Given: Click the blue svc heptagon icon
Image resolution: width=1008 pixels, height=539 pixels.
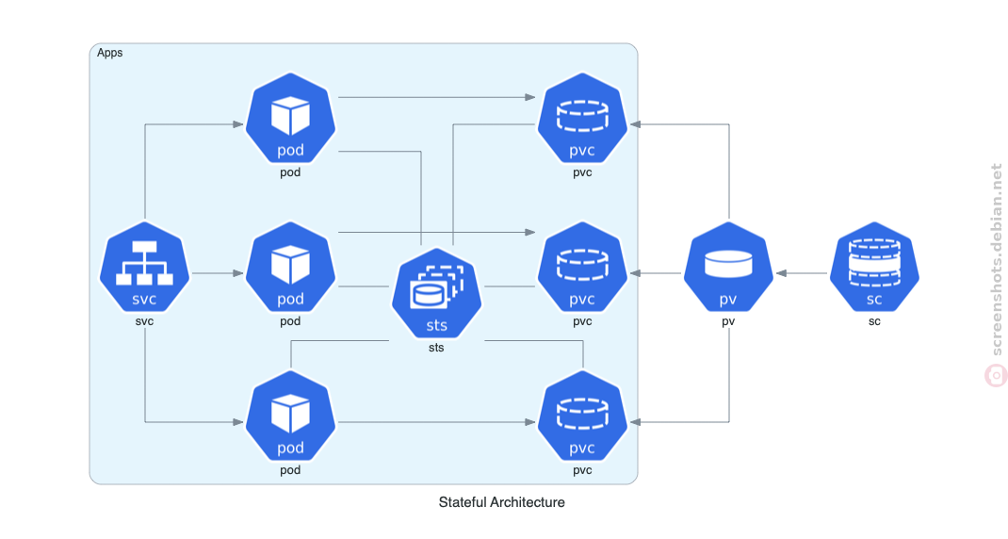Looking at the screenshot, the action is pos(145,267).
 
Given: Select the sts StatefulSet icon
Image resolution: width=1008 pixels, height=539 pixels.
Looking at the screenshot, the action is pos(436,293).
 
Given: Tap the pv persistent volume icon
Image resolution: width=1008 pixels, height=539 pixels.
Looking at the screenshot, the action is pos(728,267).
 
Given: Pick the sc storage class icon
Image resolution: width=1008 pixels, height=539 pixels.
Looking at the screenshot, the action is pos(874,267).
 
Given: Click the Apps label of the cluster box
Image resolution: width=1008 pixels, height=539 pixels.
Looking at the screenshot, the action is pos(110,53).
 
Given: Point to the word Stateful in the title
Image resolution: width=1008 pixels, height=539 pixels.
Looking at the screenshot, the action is pos(463,502).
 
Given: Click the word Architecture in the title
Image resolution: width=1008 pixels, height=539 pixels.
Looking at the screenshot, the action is pos(528,502).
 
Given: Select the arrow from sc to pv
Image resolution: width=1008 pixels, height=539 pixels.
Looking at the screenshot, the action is pos(802,273).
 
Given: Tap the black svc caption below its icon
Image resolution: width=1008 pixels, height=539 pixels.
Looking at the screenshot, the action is pos(145,321).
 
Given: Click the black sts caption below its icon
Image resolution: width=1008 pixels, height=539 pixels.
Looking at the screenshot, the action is pos(436,348).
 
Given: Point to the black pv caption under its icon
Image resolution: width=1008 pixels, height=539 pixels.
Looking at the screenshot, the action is pos(728,321).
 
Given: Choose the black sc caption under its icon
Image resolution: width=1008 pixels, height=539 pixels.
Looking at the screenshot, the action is pos(874,321).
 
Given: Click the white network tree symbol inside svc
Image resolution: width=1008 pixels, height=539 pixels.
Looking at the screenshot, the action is pos(145,263).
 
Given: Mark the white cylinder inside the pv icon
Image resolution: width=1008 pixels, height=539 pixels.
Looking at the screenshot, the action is pos(728,264).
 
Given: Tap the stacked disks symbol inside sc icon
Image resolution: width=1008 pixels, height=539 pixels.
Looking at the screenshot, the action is pos(874,262).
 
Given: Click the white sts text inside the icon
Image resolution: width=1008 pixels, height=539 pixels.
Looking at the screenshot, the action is pos(436,325).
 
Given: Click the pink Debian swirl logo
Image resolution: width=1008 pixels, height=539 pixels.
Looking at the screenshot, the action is pos(996,376).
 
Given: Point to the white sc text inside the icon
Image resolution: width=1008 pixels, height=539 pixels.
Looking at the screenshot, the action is pos(874,300).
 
